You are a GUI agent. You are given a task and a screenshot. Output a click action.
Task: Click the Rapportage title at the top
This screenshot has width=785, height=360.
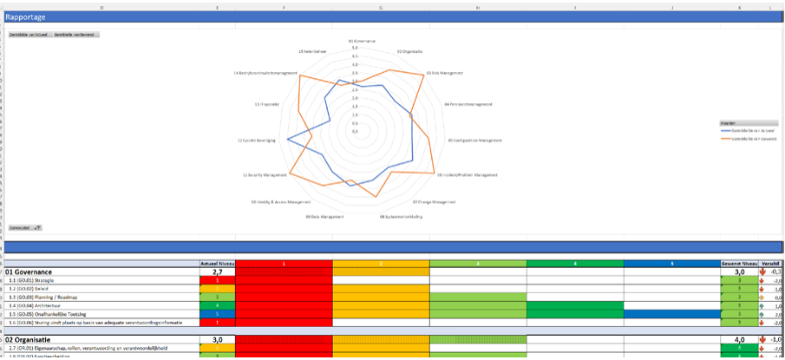point(25,17)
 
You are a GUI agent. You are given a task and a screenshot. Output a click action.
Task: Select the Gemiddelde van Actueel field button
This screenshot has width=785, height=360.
point(29,35)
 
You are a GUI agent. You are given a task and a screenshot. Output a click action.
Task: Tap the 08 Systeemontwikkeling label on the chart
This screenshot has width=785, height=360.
point(401,216)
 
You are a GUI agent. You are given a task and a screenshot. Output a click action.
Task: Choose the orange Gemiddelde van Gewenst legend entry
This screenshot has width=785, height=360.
point(752,138)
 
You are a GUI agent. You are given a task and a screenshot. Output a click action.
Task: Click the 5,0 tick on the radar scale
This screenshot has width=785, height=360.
point(356,48)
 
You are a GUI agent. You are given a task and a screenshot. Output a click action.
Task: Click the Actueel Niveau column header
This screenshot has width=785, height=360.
point(217,263)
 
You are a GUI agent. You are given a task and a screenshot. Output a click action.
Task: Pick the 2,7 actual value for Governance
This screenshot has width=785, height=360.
point(217,272)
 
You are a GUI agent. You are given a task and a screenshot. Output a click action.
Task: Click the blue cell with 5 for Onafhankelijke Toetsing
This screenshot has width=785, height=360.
point(217,313)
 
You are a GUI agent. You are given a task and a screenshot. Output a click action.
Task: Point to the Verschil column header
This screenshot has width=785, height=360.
point(771,263)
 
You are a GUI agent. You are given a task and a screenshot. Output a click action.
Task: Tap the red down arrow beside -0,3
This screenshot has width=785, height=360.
point(762,272)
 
